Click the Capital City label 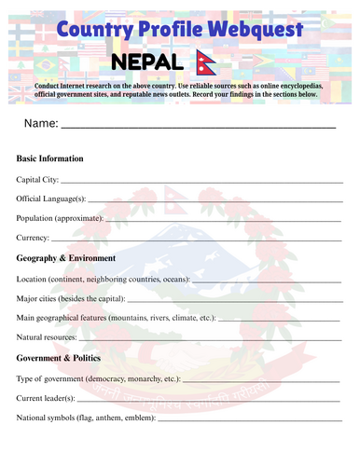(37, 179)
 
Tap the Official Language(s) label (51, 199)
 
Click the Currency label (33, 238)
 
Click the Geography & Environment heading (66, 258)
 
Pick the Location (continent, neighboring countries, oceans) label (103, 279)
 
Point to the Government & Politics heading (62, 358)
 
